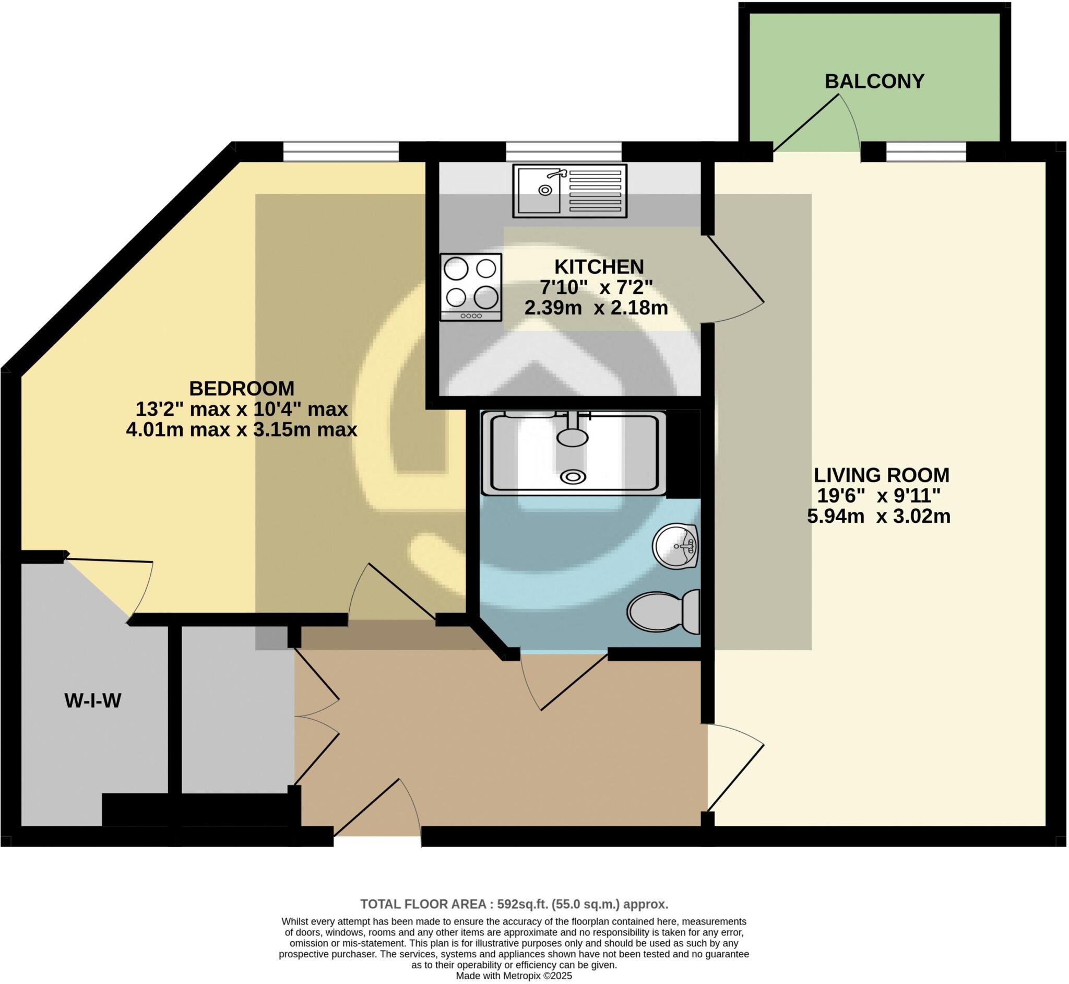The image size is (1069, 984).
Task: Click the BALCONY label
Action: coord(874,81)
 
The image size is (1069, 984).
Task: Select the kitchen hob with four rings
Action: coord(471,287)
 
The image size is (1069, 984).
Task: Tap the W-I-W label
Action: coord(92,701)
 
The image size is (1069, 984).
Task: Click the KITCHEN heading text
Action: coord(599,266)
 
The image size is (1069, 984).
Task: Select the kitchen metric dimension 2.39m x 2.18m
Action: coord(596,308)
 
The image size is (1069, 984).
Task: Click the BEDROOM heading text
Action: coord(242,388)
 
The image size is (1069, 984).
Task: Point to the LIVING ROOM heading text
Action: coord(882,474)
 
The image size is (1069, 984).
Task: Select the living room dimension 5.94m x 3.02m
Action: coord(878,516)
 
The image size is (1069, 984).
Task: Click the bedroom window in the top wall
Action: coord(340,151)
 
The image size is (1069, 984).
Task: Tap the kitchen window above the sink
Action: coord(563,151)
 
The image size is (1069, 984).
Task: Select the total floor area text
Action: coord(514,904)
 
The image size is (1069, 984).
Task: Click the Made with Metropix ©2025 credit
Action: coord(514,976)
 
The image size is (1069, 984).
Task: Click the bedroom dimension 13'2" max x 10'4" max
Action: coord(242,409)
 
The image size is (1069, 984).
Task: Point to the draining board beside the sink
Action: coord(595,191)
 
